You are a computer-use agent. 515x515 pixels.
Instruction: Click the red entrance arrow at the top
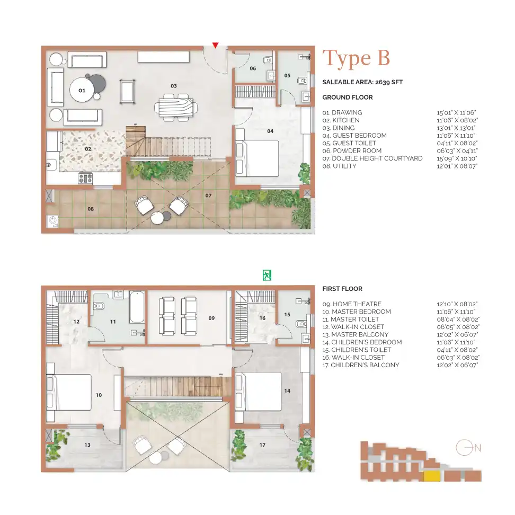[x=215, y=46]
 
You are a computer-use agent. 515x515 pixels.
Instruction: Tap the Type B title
[x=356, y=58]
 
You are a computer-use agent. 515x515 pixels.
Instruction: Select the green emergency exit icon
[x=267, y=275]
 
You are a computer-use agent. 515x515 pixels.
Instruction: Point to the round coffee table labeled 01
[x=82, y=91]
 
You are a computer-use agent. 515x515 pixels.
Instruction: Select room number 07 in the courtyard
[x=209, y=196]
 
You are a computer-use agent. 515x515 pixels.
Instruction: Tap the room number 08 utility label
[x=91, y=209]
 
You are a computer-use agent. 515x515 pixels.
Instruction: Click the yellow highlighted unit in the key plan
[x=432, y=475]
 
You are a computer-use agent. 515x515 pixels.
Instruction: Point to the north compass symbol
[x=462, y=448]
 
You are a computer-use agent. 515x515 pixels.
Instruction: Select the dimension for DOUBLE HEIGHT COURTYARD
[x=456, y=158]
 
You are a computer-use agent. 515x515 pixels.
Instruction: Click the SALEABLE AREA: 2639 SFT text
[x=362, y=82]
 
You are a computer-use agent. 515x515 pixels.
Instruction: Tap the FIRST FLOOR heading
[x=342, y=289]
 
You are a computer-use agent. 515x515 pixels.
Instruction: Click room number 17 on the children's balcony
[x=262, y=445]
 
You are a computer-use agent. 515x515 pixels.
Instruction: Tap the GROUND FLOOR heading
[x=348, y=97]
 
